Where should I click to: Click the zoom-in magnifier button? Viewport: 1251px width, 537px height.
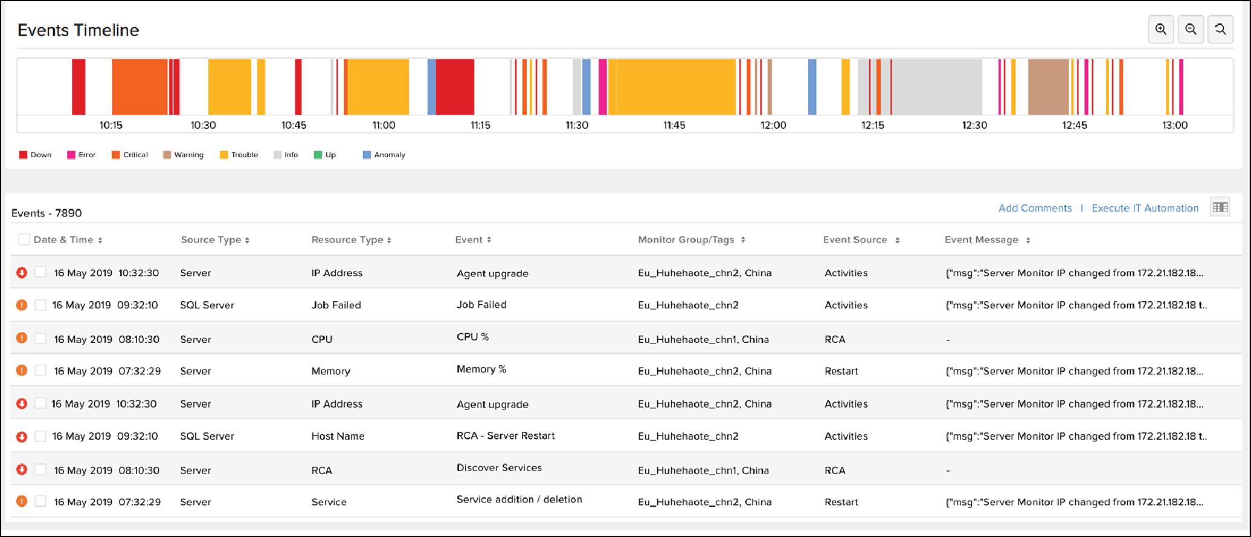click(1160, 30)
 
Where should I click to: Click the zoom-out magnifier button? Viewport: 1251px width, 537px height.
click(1191, 30)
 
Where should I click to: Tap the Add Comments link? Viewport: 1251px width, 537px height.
click(1035, 208)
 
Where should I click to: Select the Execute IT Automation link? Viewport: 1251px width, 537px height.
click(1145, 208)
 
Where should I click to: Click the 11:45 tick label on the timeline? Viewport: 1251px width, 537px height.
click(674, 125)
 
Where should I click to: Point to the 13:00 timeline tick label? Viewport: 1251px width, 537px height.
click(1174, 125)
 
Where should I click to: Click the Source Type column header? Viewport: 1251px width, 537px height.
click(211, 240)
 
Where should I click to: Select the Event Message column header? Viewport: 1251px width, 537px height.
click(982, 240)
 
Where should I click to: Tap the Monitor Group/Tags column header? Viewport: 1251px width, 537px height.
click(686, 240)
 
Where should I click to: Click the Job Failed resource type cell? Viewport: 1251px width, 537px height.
click(336, 305)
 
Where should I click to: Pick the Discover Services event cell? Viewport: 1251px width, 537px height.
click(499, 468)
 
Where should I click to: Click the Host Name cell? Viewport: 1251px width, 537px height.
click(338, 436)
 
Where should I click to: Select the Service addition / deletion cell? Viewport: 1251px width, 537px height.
click(519, 500)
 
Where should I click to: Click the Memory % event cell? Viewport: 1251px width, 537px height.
click(481, 369)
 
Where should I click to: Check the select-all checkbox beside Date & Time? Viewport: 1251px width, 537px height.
click(24, 239)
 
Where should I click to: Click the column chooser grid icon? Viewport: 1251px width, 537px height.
click(1220, 207)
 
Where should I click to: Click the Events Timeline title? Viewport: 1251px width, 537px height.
click(79, 30)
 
